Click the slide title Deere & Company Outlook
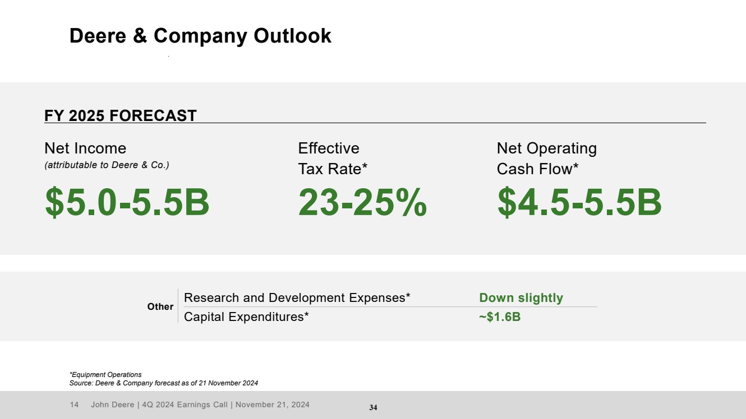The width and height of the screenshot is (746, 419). (x=200, y=36)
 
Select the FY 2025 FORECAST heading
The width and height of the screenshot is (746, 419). (x=121, y=116)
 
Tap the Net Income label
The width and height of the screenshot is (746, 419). (x=85, y=148)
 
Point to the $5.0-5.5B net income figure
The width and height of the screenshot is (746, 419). (x=127, y=202)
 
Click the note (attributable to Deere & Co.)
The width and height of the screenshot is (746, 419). (x=107, y=165)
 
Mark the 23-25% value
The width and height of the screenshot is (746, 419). (x=362, y=202)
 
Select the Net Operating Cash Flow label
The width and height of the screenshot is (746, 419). (x=546, y=159)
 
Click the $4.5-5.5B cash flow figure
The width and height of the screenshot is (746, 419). (x=579, y=202)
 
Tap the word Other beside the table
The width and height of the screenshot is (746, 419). (x=160, y=307)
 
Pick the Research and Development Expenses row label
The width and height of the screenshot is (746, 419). (x=297, y=298)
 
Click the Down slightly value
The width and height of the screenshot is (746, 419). (x=521, y=298)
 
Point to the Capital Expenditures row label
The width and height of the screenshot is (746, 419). (x=247, y=317)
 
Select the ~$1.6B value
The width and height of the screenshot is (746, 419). (x=500, y=317)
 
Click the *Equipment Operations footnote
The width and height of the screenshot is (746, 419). (x=105, y=375)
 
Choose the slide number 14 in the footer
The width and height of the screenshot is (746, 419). (x=74, y=404)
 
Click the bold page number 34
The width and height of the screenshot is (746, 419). (x=373, y=408)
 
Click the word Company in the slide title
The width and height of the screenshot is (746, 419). (x=201, y=36)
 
